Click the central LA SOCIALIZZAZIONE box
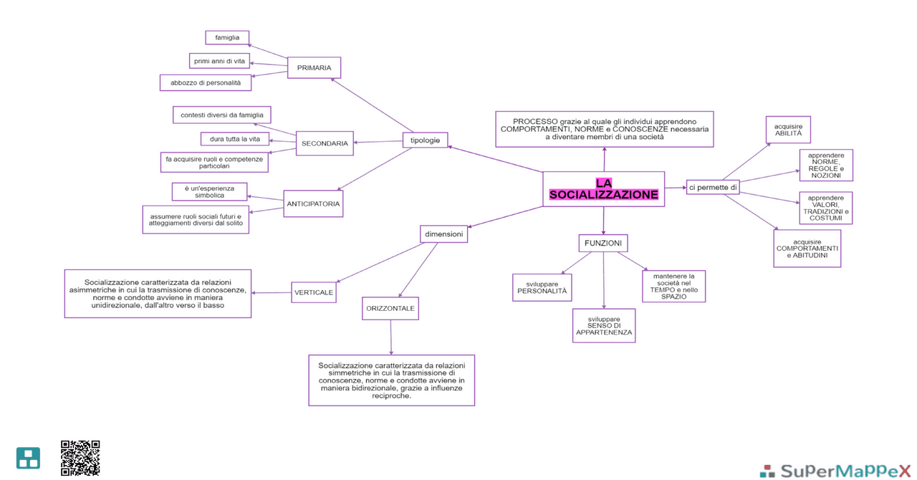[603, 189]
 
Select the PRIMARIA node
[314, 68]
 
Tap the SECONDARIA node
[325, 143]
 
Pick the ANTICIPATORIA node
[313, 203]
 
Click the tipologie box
[425, 140]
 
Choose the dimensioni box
[443, 234]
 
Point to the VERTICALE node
[314, 292]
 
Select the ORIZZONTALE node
[390, 308]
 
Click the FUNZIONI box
[602, 244]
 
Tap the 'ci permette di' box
[713, 188]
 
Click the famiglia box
[227, 37]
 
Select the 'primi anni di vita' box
[219, 61]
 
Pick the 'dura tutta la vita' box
[235, 139]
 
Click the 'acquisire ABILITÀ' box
[788, 130]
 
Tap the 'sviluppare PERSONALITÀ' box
[542, 287]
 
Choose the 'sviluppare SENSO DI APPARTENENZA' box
[604, 325]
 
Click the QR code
[80, 458]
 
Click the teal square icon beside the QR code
[29, 458]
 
